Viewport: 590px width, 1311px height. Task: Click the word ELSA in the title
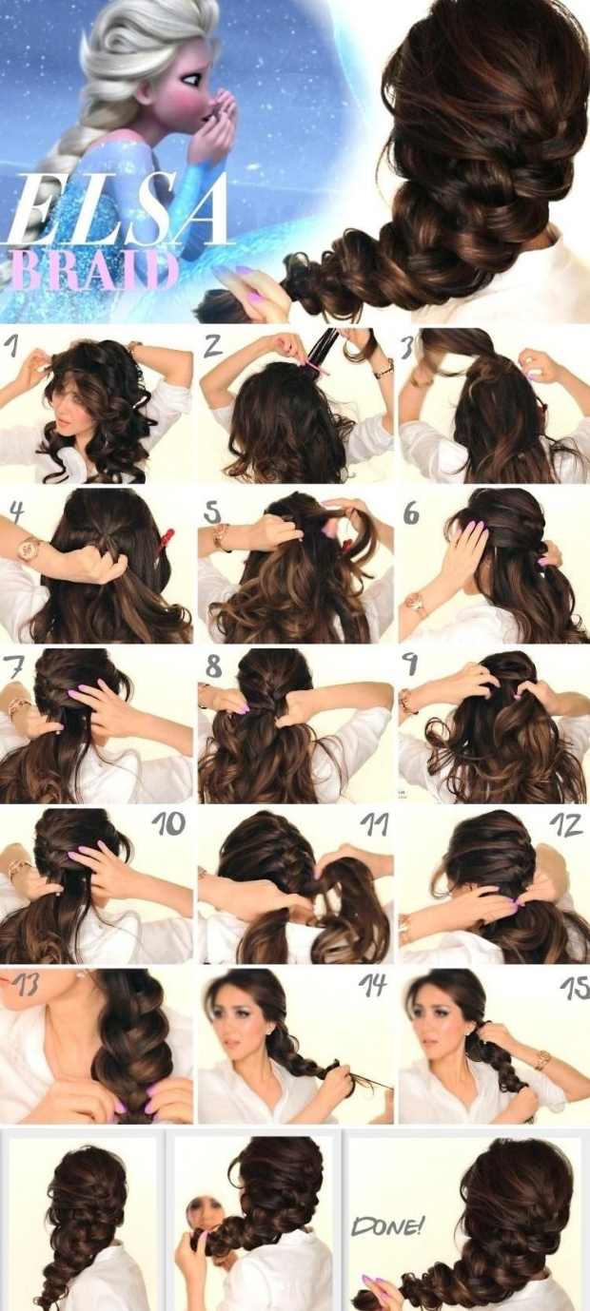(117, 209)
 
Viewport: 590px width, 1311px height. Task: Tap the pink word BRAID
(89, 271)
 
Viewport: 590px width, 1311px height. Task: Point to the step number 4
(17, 512)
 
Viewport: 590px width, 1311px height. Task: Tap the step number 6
(411, 513)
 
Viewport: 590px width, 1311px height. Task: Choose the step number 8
(214, 666)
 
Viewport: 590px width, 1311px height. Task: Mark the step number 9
(410, 666)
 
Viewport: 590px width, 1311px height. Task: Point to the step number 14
(373, 985)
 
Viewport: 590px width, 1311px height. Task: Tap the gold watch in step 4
(29, 549)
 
